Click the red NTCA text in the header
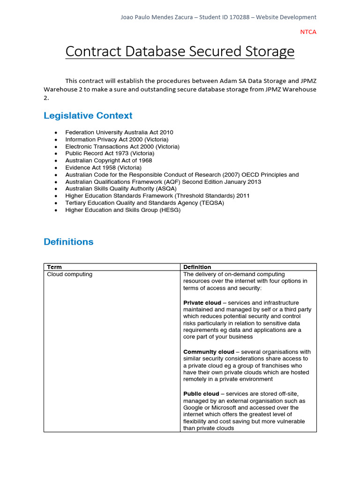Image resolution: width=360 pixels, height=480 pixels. coord(308,32)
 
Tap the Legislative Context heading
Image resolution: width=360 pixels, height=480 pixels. coord(88,116)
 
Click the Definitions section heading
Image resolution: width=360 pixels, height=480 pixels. coord(68,242)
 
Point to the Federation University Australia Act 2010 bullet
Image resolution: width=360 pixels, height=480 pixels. coord(119,133)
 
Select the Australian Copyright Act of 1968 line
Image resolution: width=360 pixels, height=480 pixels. coord(108,160)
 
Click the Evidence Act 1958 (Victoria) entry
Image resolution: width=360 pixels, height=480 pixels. coord(103,167)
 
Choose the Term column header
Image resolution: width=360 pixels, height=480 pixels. coord(54,267)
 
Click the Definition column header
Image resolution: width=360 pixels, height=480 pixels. coord(197,267)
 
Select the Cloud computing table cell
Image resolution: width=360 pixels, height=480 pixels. coord(70,274)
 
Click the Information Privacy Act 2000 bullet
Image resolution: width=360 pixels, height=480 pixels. coord(117,140)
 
